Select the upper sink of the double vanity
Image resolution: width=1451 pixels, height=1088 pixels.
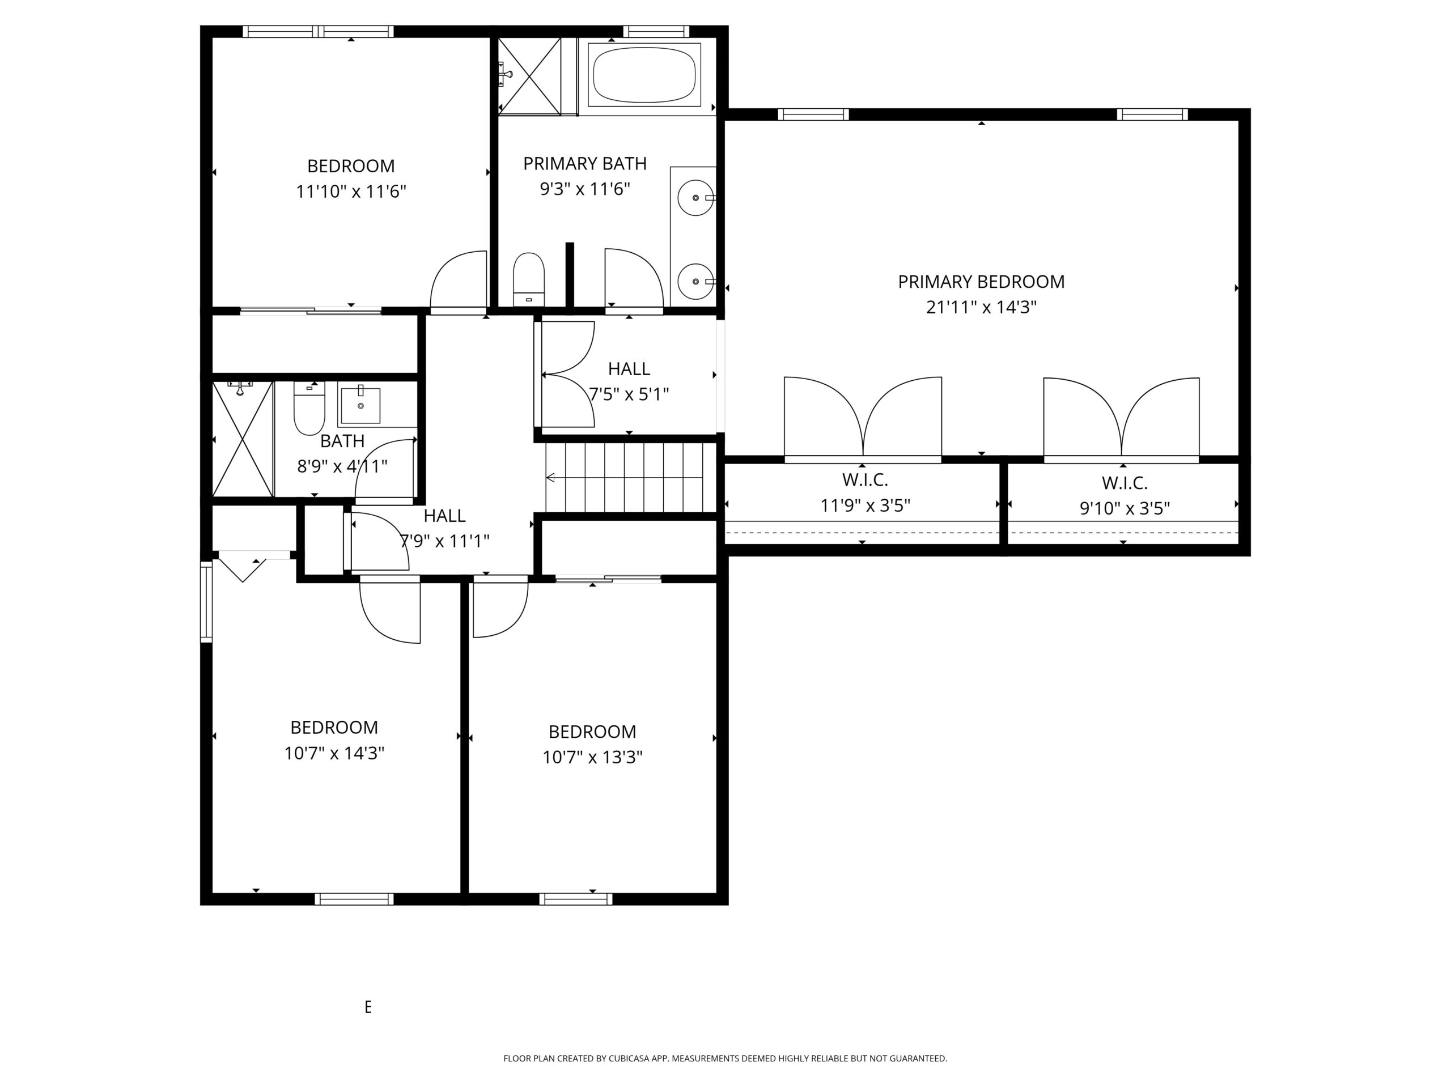coord(695,197)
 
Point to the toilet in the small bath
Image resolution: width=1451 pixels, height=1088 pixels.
coord(309,409)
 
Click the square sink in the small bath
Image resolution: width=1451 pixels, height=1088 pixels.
coord(360,405)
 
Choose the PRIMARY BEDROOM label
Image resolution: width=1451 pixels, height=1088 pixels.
coord(981,282)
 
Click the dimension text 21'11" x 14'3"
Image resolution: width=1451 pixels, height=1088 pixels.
coord(981,308)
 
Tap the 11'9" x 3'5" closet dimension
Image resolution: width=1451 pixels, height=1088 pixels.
coord(865,505)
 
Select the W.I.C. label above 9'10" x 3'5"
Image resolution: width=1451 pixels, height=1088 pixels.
coord(1125,483)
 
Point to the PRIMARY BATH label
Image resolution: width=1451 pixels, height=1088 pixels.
coord(584,163)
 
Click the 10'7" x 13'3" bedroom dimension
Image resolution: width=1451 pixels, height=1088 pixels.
coord(592,758)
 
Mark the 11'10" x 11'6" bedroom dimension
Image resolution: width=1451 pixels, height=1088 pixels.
coord(351,192)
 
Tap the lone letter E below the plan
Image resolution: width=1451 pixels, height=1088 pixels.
coord(368,1006)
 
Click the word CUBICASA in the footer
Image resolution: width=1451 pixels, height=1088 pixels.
coord(630,1059)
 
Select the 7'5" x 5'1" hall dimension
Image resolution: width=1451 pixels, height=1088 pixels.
coord(629,395)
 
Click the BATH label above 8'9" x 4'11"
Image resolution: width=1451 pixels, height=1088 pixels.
coord(342,441)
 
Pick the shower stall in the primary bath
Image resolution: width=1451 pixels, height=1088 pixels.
coord(529,76)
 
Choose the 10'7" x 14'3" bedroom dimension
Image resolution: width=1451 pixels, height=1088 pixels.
coord(334,753)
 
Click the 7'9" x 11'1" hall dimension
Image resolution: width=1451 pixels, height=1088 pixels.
coord(445,541)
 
